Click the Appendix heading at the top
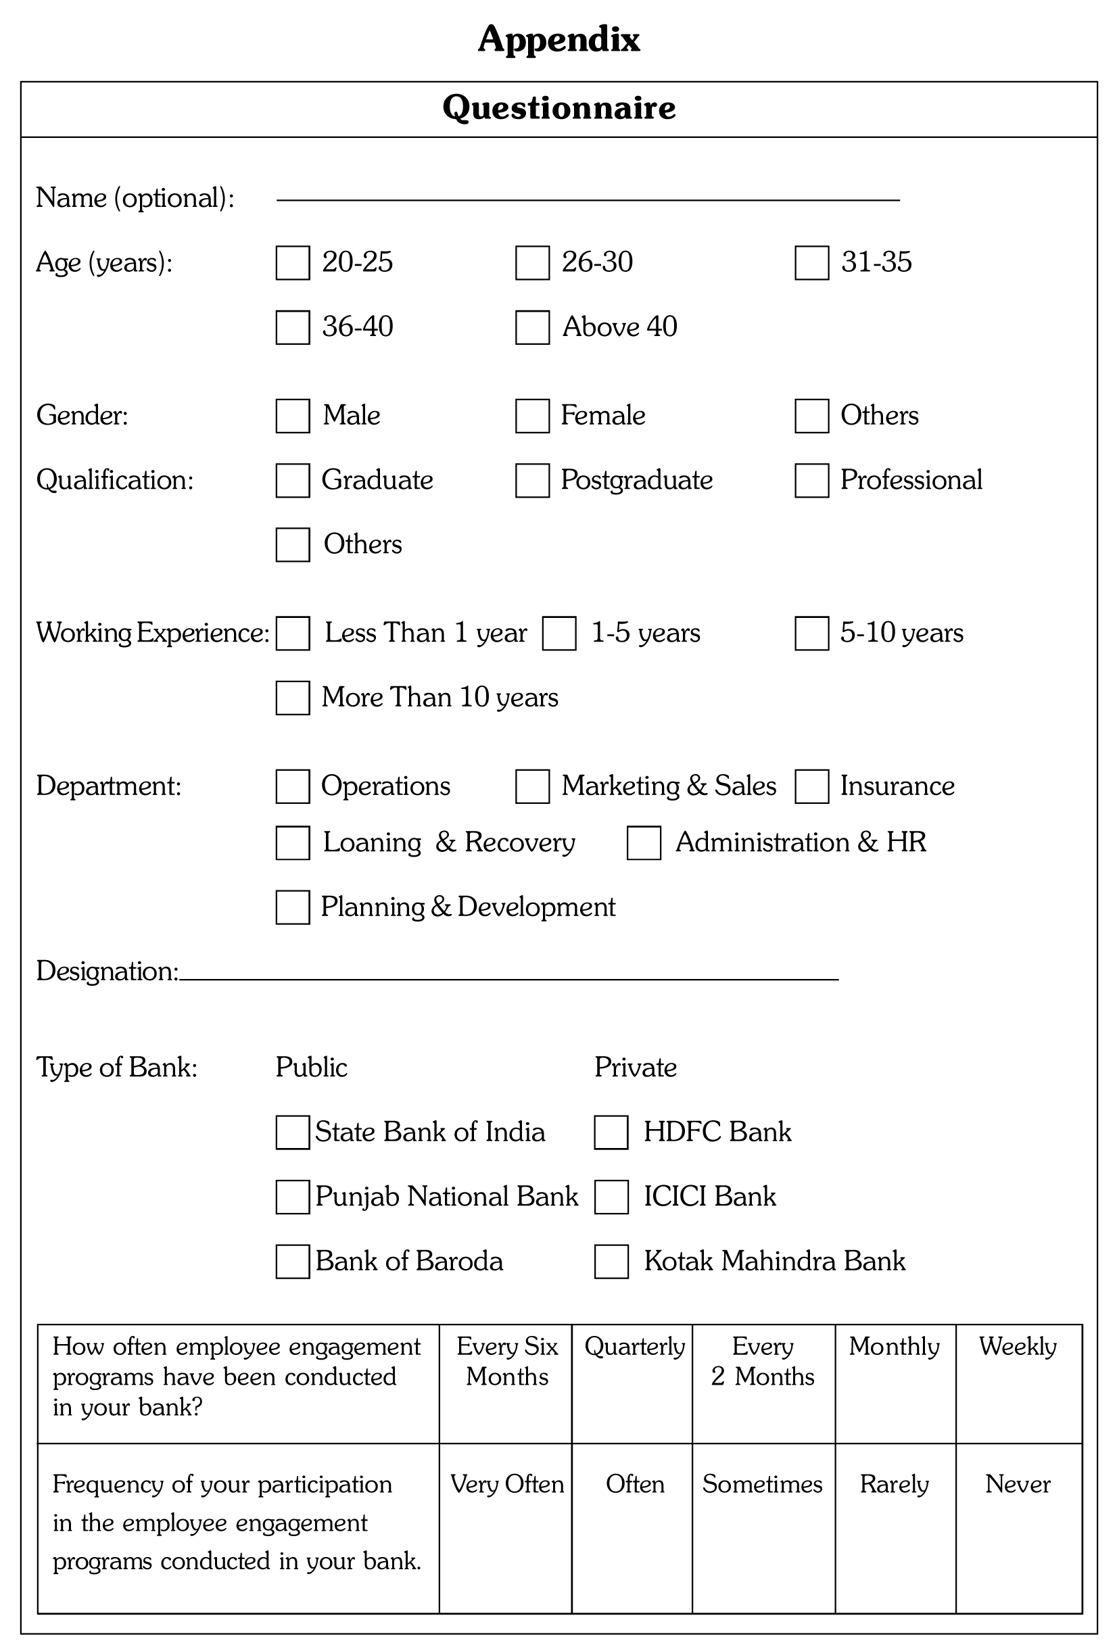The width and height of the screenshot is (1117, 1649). tap(558, 39)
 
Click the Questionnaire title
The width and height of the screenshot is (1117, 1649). tap(558, 108)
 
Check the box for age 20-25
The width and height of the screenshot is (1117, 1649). tap(292, 262)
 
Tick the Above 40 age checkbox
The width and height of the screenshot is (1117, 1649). tap(532, 327)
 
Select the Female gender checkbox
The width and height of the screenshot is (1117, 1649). tap(532, 416)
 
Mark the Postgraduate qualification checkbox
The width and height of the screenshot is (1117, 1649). tap(532, 481)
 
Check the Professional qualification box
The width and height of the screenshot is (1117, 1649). tap(812, 481)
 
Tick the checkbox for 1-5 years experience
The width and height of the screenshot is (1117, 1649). tap(559, 633)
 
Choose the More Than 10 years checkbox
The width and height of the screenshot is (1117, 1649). tap(292, 698)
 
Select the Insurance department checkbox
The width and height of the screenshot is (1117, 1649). tap(812, 786)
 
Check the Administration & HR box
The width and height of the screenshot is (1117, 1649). tap(644, 842)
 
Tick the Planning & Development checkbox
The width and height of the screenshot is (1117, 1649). tap(292, 907)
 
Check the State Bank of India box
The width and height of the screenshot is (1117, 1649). tap(292, 1132)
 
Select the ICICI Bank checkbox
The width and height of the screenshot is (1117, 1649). tap(611, 1196)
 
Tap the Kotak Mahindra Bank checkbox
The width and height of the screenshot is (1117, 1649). tap(611, 1261)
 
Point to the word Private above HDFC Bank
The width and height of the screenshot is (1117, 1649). tap(635, 1067)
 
